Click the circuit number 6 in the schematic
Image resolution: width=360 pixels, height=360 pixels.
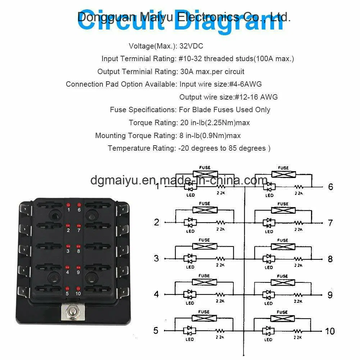pyautogui.click(x=331, y=187)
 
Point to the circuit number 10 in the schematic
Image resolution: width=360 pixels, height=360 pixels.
pyautogui.click(x=330, y=331)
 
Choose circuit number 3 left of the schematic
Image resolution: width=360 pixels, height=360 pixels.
pyautogui.click(x=156, y=258)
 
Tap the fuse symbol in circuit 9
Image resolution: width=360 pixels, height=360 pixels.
pyautogui.click(x=283, y=282)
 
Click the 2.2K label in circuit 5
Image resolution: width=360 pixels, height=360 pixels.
pyautogui.click(x=220, y=337)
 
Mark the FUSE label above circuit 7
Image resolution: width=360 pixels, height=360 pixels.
pyautogui.click(x=283, y=204)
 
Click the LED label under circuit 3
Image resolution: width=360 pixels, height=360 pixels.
pyautogui.click(x=190, y=267)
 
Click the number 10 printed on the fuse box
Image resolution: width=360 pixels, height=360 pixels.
pyautogui.click(x=78, y=293)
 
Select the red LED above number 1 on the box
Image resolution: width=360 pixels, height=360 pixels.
pyautogui.click(x=68, y=204)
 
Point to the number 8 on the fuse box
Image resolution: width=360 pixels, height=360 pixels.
pyautogui.click(x=78, y=251)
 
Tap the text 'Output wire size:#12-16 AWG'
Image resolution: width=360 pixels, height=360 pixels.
pyautogui.click(x=228, y=97)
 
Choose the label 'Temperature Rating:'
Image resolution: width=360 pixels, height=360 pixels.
pyautogui.click(x=141, y=148)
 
